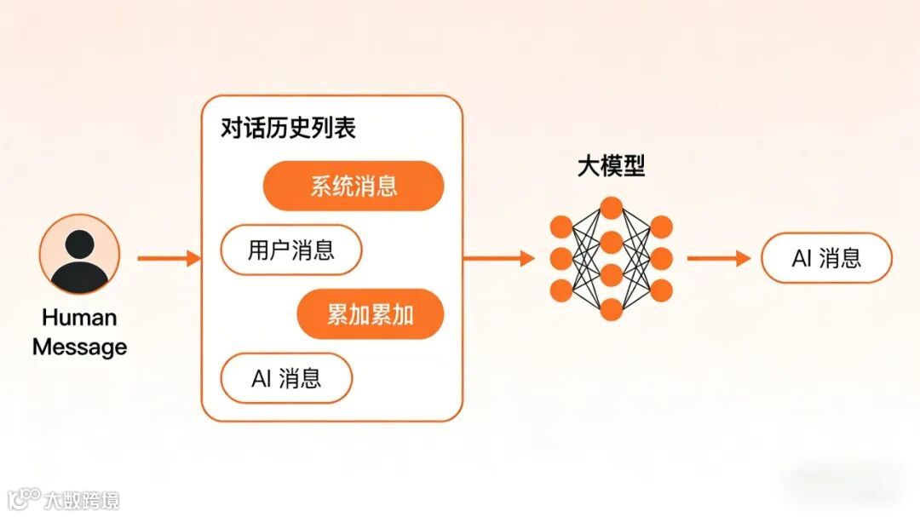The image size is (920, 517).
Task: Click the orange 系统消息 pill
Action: [x=354, y=186]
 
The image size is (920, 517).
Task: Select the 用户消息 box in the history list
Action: [x=290, y=250]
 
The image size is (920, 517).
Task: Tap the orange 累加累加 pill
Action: [x=371, y=314]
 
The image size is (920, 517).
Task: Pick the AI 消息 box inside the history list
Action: [x=286, y=378]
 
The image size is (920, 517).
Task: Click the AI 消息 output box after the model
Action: [x=825, y=258]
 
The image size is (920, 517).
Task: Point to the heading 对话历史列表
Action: [x=288, y=129]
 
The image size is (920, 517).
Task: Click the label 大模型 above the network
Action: [x=611, y=165]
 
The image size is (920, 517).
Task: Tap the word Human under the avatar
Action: [x=79, y=318]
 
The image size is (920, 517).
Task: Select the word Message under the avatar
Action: [x=79, y=347]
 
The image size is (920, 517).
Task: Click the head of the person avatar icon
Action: [x=79, y=244]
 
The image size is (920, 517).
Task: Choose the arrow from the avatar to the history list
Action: [x=168, y=257]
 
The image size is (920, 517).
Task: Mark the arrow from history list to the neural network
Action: [x=498, y=257]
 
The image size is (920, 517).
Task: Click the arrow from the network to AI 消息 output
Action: [x=718, y=257]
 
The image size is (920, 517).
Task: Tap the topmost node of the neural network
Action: [x=611, y=207]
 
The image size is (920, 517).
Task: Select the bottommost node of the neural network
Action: [x=611, y=308]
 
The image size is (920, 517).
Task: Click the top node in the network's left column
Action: [x=561, y=227]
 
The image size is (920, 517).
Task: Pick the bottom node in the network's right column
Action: [x=661, y=290]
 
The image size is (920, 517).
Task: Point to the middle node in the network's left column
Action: [x=561, y=258]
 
